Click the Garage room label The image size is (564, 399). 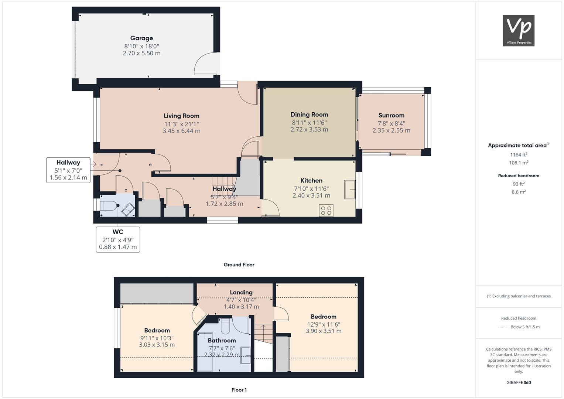pyautogui.click(x=141, y=38)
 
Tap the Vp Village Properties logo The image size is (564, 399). pyautogui.click(x=519, y=30)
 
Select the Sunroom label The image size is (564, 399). pyautogui.click(x=391, y=115)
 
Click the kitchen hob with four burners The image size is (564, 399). pyautogui.click(x=326, y=210)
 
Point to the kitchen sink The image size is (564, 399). pyautogui.click(x=350, y=190)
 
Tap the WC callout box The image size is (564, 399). pyautogui.click(x=118, y=239)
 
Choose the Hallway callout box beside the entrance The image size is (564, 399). pyautogui.click(x=68, y=170)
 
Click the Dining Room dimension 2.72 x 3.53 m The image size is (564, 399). pyautogui.click(x=309, y=129)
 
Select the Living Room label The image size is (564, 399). pyautogui.click(x=181, y=116)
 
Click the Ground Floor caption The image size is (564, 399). pyautogui.click(x=239, y=265)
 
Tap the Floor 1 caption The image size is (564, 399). pyautogui.click(x=239, y=390)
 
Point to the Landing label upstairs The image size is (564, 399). pyautogui.click(x=241, y=293)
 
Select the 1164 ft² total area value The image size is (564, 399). pyautogui.click(x=519, y=155)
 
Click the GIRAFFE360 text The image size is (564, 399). pyautogui.click(x=519, y=383)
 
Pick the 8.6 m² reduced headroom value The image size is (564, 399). pyautogui.click(x=519, y=192)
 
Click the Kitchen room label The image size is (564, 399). pyautogui.click(x=311, y=181)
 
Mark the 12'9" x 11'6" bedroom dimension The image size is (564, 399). pyautogui.click(x=324, y=324)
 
